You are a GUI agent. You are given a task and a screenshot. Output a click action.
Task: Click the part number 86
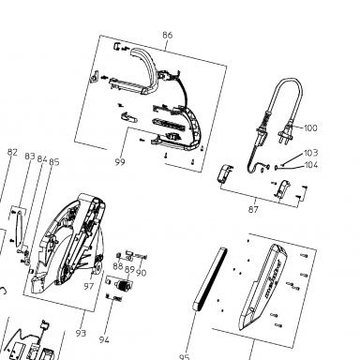(168, 35)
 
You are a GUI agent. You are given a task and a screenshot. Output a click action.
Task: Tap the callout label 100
(310, 127)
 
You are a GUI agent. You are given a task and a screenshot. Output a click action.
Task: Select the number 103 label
(311, 153)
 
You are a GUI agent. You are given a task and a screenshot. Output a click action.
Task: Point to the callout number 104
(311, 165)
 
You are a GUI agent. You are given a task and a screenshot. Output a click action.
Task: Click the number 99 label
(120, 162)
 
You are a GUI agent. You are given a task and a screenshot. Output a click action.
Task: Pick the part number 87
(253, 209)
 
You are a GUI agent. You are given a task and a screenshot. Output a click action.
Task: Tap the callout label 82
(12, 152)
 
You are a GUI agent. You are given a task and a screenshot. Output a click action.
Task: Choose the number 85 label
(54, 162)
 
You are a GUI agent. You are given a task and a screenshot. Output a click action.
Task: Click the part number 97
(89, 286)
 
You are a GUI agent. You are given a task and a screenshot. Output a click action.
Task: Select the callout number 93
(81, 333)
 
